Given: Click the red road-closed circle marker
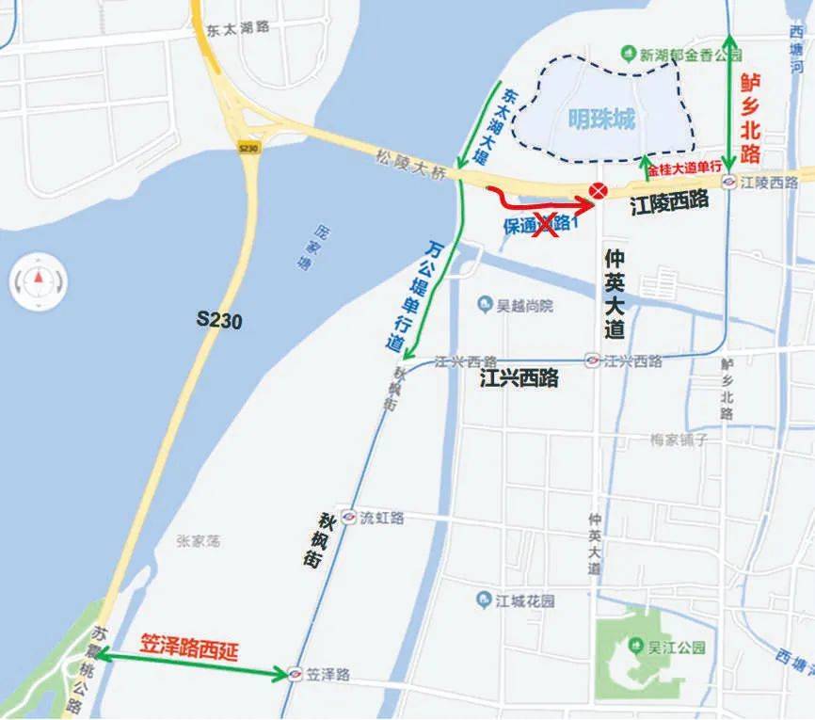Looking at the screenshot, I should (x=597, y=191).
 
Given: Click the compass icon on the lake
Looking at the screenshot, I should (x=39, y=278).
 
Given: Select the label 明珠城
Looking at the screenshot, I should (x=602, y=120).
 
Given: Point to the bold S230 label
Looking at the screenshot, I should (x=219, y=320).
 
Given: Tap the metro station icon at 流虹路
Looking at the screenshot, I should (x=348, y=518).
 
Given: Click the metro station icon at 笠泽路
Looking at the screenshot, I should (x=296, y=674).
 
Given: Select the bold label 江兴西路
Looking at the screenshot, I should (x=519, y=378).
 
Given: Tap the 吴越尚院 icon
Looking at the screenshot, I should (x=485, y=304).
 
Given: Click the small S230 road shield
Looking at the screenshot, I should (x=248, y=148).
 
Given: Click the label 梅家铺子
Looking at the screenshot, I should (x=678, y=440).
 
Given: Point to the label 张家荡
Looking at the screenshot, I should (x=198, y=540).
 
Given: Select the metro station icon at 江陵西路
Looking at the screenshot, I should (x=728, y=181).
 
